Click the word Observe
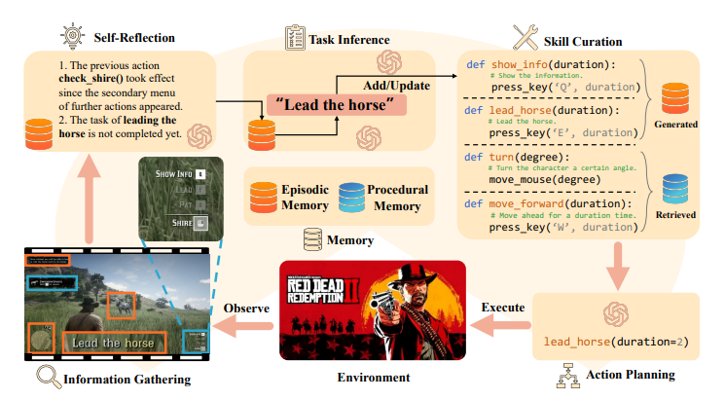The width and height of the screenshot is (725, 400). pos(246,309)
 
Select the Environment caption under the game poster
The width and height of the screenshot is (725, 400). pos(373,377)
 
